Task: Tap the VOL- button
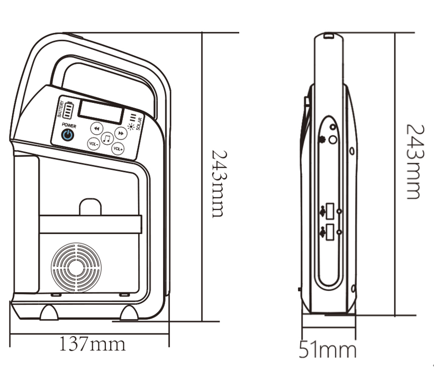[94, 144]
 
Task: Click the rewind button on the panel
[96, 128]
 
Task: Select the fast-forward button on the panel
[121, 133]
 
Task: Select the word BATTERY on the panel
[60, 108]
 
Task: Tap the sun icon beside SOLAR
[130, 126]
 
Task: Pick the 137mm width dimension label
[92, 344]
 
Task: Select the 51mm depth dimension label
[328, 350]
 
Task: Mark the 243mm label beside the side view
[413, 161]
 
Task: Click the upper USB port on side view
[330, 211]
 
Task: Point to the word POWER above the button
[69, 126]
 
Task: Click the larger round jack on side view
[333, 140]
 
